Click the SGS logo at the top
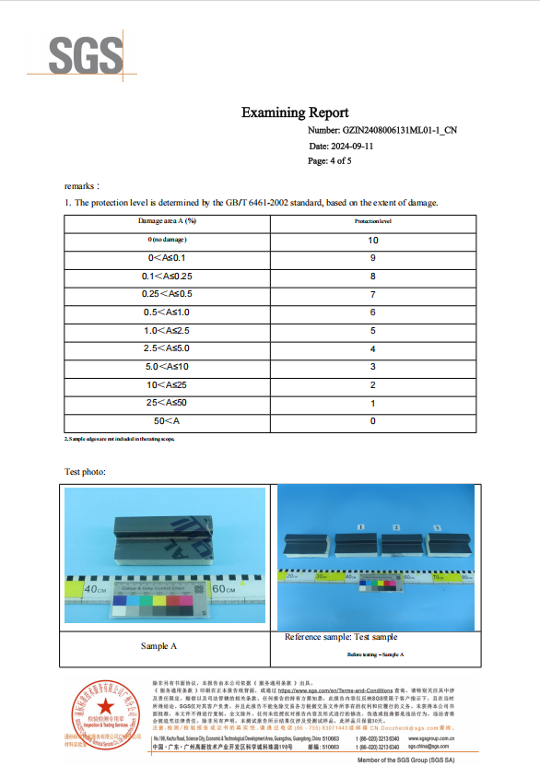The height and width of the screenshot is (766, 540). (x=86, y=55)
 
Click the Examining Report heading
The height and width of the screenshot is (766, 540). (x=296, y=112)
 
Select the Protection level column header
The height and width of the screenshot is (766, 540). (x=373, y=222)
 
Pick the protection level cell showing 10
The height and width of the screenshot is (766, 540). (x=373, y=240)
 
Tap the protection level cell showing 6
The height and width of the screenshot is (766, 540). (x=373, y=312)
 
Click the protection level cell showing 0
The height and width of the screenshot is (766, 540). (x=373, y=421)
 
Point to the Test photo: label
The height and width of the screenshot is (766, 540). (x=85, y=472)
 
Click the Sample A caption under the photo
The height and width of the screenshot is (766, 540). (x=159, y=646)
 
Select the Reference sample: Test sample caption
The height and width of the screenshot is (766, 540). (x=341, y=637)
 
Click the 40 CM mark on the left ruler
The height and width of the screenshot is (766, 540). (x=95, y=587)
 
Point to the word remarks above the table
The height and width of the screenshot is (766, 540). (x=82, y=185)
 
